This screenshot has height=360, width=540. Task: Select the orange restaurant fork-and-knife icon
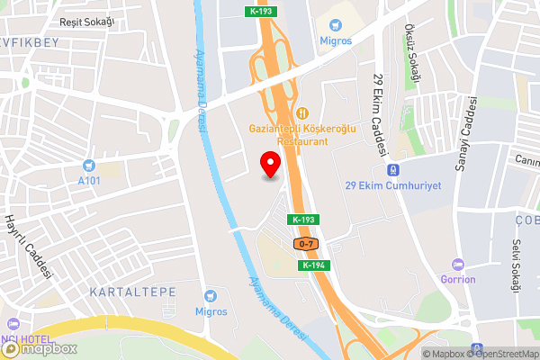click(x=302, y=113)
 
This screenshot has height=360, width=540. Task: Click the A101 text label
click(x=89, y=181)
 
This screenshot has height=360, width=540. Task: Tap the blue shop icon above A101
click(x=89, y=165)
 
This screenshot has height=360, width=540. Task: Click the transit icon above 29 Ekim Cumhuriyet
click(x=393, y=169)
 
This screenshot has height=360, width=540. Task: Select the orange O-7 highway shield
click(x=306, y=244)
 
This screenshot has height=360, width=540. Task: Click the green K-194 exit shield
click(x=313, y=265)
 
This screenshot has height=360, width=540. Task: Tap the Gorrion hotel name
click(x=458, y=279)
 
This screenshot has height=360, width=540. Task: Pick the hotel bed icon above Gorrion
click(x=458, y=264)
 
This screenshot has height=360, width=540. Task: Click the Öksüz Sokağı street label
click(x=413, y=55)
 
